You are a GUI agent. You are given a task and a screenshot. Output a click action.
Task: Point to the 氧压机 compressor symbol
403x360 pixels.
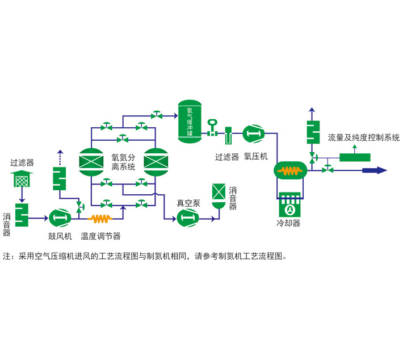pyautogui.click(x=254, y=134)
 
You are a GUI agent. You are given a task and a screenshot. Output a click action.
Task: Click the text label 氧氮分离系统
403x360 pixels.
pyautogui.click(x=123, y=162)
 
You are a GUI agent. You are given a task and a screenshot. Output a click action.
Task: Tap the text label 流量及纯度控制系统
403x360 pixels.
pyautogui.click(x=363, y=137)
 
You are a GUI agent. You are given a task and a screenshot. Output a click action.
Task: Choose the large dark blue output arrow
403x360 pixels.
pyautogui.click(x=374, y=170)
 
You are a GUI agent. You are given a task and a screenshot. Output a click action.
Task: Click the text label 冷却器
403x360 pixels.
pyautogui.click(x=288, y=224)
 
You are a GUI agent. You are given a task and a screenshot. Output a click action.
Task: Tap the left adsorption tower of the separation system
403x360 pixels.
pyautogui.click(x=91, y=161)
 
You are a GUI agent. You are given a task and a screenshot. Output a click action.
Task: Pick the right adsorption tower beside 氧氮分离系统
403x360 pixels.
pyautogui.click(x=156, y=161)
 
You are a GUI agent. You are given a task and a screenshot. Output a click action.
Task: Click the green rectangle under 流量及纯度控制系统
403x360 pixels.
pyautogui.click(x=355, y=156)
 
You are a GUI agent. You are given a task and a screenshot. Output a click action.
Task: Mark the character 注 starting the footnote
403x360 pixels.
pyautogui.click(x=7, y=256)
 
